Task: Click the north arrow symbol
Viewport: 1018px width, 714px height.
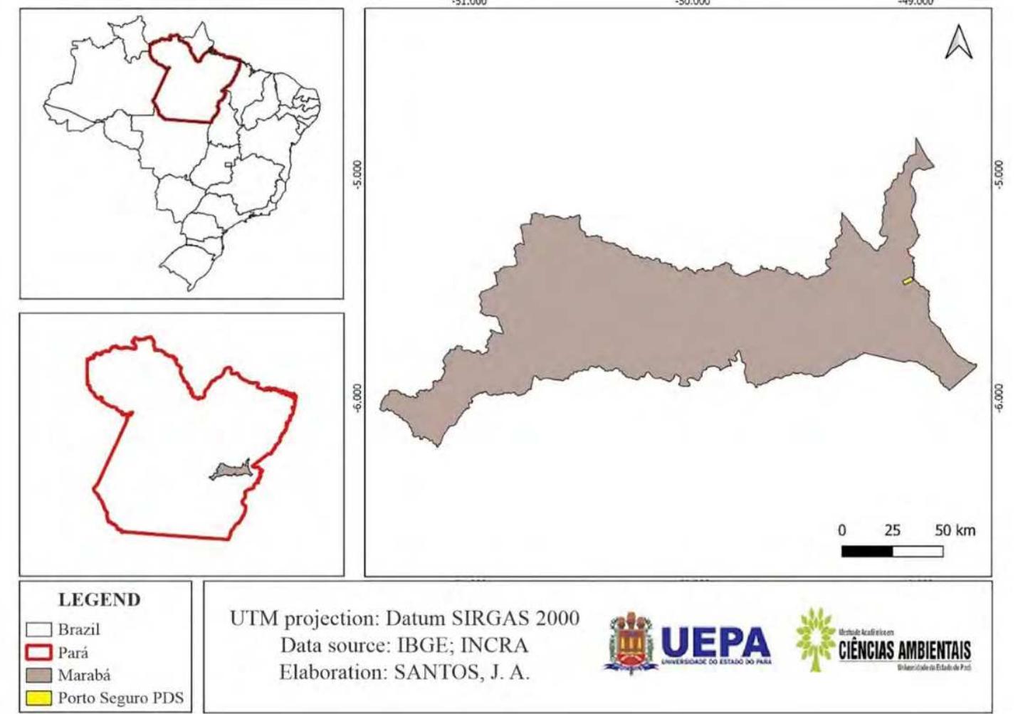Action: tap(958, 43)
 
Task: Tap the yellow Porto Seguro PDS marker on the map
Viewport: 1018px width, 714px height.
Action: tap(908, 280)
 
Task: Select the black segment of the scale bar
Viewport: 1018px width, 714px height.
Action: tap(866, 551)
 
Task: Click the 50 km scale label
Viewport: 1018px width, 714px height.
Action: tap(955, 530)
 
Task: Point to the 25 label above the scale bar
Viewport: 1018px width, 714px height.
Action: tap(892, 530)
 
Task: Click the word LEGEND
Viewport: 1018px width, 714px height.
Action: tap(99, 599)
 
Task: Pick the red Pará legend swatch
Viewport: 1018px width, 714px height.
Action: tap(38, 652)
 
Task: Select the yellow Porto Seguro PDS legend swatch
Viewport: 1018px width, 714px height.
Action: tap(38, 698)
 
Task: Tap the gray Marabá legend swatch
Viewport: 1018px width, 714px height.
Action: tap(38, 675)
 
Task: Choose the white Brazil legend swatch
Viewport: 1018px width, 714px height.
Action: tap(38, 629)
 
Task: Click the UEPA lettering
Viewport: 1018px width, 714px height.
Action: tap(715, 642)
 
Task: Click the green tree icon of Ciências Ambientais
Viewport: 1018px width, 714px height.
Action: tap(814, 638)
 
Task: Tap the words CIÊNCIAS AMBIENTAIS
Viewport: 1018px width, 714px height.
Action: tap(904, 650)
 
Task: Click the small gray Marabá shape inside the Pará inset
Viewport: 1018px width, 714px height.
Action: tap(231, 471)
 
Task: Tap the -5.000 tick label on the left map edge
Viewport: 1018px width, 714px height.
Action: tap(357, 174)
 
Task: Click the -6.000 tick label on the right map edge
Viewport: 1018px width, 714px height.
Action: tap(999, 397)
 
